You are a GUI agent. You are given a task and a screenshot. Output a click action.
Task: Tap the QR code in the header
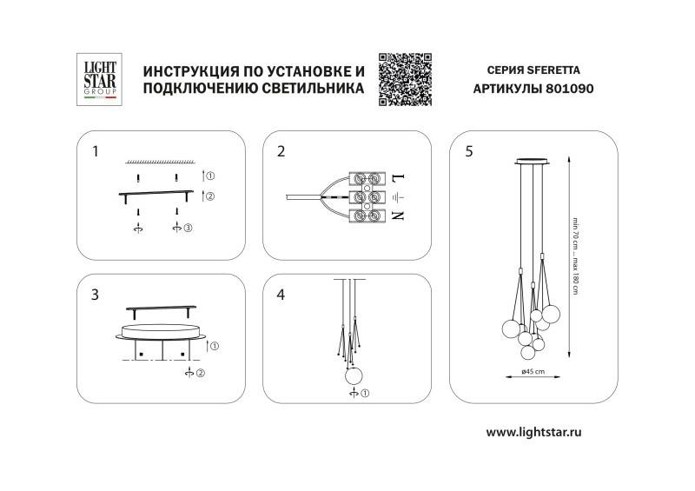[406, 79]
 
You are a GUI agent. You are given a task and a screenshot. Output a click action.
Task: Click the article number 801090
[572, 89]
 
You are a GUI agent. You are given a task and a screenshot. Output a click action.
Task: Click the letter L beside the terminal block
[398, 179]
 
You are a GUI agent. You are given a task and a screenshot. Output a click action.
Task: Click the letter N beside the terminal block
[398, 215]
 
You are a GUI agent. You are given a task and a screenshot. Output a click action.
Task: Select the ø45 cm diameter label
[533, 371]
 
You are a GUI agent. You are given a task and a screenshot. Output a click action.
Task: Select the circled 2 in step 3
[201, 374]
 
